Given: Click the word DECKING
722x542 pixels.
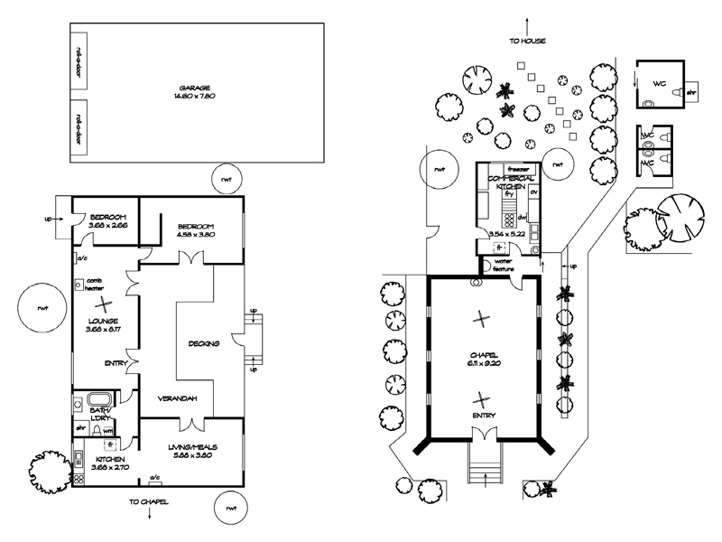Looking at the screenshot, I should pos(204,343).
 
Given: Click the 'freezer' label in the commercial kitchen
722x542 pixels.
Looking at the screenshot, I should pos(517,169).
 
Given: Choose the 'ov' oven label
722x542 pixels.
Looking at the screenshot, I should pos(532,192).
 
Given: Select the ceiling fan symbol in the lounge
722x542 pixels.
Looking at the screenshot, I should pos(106,304).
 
